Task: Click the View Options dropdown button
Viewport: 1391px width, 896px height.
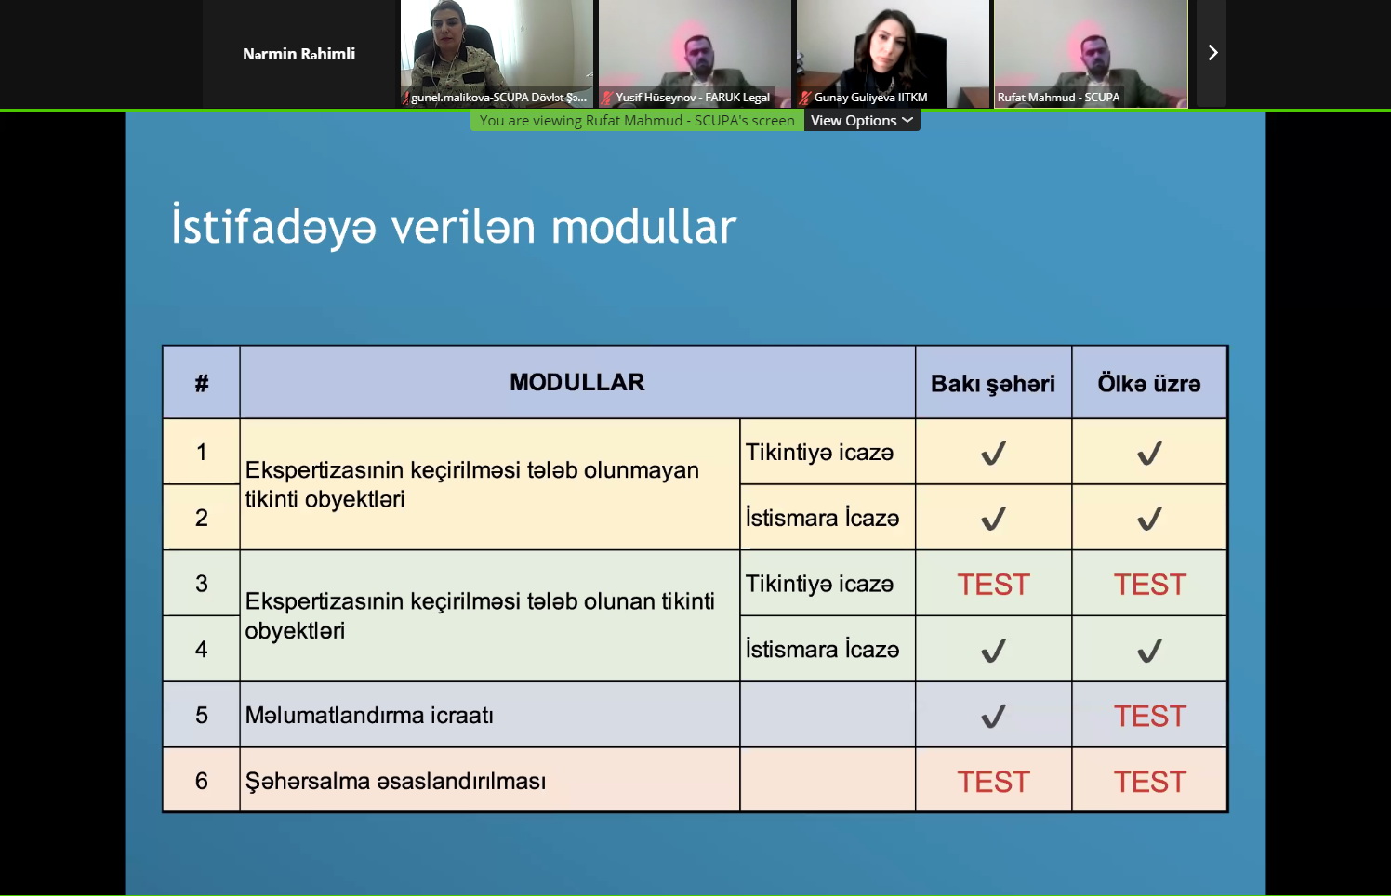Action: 861,121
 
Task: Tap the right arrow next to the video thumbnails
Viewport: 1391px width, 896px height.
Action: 1212,53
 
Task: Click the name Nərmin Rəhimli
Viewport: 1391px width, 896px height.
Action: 298,54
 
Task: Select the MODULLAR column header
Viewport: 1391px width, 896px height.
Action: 576,382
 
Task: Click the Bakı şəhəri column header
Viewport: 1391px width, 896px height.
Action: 993,384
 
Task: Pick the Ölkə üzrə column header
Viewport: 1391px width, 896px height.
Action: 1149,383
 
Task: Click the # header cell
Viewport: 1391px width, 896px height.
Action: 201,383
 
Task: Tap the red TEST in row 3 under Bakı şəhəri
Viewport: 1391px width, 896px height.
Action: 994,585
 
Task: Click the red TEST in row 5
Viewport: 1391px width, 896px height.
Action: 1150,716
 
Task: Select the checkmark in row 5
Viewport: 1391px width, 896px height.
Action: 994,716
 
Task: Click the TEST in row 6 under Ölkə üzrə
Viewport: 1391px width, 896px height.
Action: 1150,782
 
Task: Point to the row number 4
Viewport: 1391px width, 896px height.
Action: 201,650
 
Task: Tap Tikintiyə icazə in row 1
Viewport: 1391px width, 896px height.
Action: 819,452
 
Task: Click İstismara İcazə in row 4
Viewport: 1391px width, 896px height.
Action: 822,650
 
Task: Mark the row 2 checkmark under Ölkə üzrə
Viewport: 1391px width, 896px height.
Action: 1149,519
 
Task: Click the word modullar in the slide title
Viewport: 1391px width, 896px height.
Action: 643,227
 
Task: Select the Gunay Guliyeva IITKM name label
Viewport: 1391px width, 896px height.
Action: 870,98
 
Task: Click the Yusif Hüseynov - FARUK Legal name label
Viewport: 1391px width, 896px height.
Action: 693,98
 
